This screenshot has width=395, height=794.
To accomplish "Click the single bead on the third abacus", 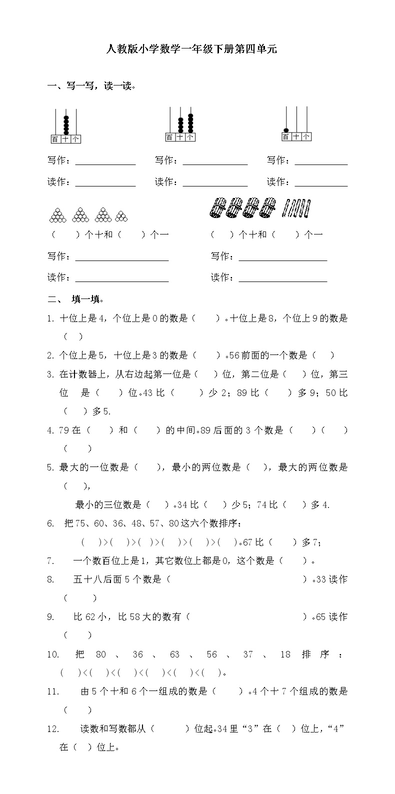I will (286, 129).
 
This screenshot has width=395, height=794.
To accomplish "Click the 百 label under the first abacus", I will (55, 139).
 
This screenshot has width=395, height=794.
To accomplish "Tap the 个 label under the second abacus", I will (190, 137).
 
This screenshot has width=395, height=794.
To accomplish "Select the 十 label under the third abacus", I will (296, 136).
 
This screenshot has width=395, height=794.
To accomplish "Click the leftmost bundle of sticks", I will (218, 208).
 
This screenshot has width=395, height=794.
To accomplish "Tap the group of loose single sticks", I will (297, 208).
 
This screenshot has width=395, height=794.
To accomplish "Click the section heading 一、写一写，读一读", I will (91, 86).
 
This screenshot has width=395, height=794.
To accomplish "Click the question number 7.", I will (50, 561).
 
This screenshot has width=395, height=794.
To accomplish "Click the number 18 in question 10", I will (285, 654).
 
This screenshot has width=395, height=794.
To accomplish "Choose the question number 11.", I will (53, 691).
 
